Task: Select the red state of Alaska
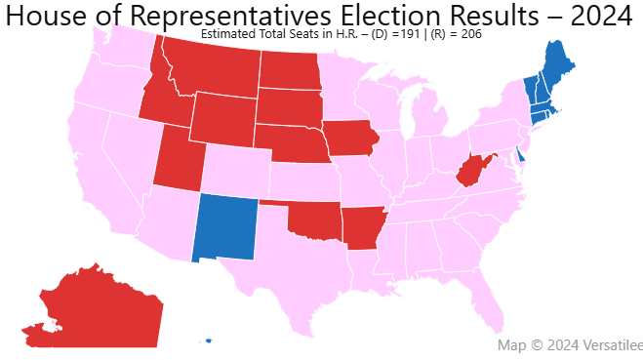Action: pyautogui.click(x=93, y=307)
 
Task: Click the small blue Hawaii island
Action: pyautogui.click(x=208, y=341)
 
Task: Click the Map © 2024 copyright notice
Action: pyautogui.click(x=569, y=345)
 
